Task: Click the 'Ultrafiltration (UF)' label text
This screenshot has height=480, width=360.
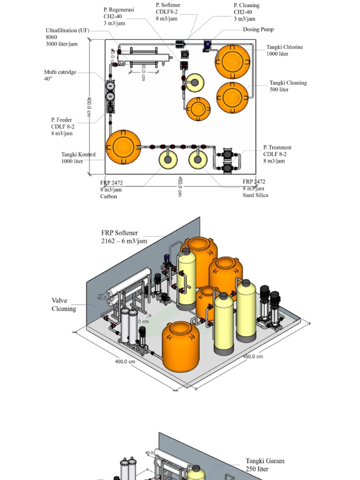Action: pyautogui.click(x=67, y=30)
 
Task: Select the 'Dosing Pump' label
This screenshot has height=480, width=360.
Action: pyautogui.click(x=258, y=30)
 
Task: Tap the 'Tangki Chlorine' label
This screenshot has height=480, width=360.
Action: pyautogui.click(x=285, y=47)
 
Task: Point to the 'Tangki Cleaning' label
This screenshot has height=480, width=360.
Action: pyautogui.click(x=288, y=83)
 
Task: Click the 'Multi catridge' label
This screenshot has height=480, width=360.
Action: pyautogui.click(x=60, y=72)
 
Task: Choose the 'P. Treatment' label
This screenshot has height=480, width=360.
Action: pyautogui.click(x=277, y=148)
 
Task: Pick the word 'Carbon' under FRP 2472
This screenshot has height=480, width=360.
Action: pyautogui.click(x=108, y=196)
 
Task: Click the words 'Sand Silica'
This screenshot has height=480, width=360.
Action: pyautogui.click(x=255, y=195)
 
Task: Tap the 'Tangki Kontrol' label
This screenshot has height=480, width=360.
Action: pyautogui.click(x=78, y=155)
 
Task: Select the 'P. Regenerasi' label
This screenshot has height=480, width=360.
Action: pyautogui.click(x=119, y=9)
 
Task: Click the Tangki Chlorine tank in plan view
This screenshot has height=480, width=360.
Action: pyautogui.click(x=232, y=61)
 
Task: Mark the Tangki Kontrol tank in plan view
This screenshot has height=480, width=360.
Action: pyautogui.click(x=123, y=147)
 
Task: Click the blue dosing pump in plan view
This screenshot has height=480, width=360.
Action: pyautogui.click(x=207, y=45)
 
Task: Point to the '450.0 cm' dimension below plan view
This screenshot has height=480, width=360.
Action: pyautogui.click(x=180, y=187)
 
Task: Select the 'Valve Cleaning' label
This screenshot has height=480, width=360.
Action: pyautogui.click(x=63, y=305)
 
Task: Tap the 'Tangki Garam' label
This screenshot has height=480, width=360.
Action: pyautogui.click(x=265, y=461)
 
